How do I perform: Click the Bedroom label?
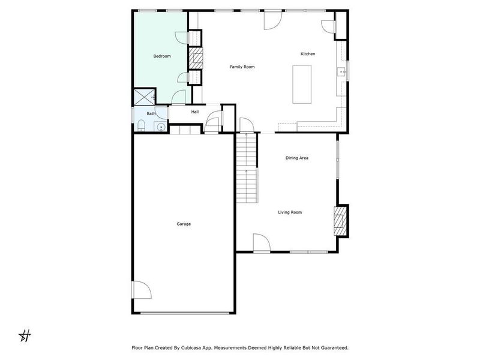[162, 56]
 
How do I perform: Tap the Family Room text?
[242, 67]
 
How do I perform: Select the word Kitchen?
[308, 54]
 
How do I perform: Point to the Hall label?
[195, 112]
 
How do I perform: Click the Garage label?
[184, 224]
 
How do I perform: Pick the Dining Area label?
[296, 158]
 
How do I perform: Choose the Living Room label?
[290, 212]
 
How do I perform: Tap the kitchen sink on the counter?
[341, 73]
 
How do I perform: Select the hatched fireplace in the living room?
[340, 221]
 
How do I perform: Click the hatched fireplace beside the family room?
[196, 59]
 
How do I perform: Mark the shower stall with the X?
[144, 97]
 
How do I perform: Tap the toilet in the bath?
[140, 125]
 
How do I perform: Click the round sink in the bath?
[161, 127]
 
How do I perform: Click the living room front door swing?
[262, 242]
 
